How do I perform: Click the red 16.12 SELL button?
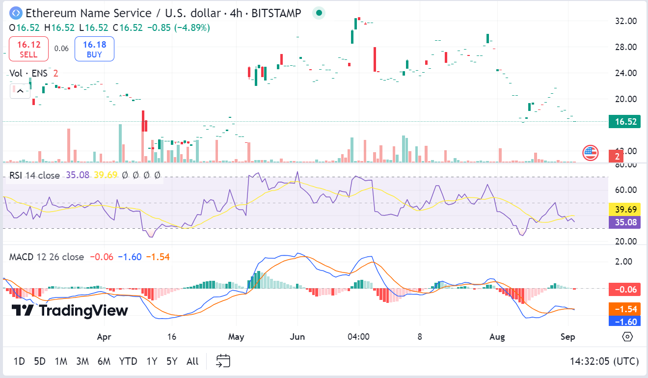[28, 49]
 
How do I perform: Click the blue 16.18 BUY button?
[94, 49]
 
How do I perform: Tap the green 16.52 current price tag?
[624, 121]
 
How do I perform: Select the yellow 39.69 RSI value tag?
[624, 210]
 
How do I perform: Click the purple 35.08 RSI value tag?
[624, 222]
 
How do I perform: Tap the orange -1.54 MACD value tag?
[624, 309]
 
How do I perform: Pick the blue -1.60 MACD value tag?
[624, 322]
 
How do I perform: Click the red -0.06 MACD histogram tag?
[624, 289]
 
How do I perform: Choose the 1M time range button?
[61, 361]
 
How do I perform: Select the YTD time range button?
[128, 361]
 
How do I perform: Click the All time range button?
[192, 361]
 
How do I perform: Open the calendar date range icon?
[223, 361]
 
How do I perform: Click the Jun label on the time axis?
[297, 337]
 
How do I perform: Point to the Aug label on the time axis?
[497, 337]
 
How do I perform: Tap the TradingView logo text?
[70, 310]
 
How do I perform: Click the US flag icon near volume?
[590, 153]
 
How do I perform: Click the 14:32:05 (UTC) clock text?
[604, 361]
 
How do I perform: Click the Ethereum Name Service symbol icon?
[16, 13]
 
